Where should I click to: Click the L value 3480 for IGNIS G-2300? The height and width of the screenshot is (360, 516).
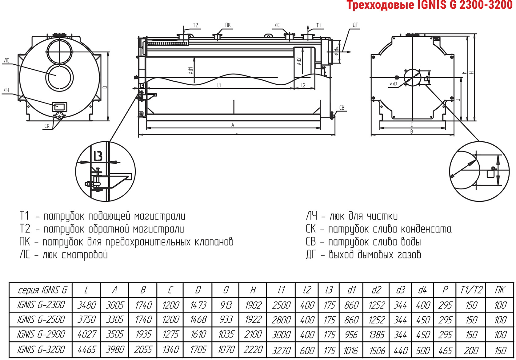pos(86,305)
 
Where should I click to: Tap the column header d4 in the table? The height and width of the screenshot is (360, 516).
pos(422,290)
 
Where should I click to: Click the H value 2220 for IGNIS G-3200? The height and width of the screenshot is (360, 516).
pos(253,350)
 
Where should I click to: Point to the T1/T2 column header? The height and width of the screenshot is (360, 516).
pos(471,290)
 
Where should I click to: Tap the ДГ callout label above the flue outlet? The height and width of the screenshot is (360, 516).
pos(355,25)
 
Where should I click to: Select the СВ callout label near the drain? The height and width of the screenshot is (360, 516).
pos(342,108)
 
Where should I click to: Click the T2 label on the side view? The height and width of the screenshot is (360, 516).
pos(195,25)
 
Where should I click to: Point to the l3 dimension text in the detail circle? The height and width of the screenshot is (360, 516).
pos(98,156)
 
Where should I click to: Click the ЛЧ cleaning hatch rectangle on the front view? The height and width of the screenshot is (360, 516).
pos(59,107)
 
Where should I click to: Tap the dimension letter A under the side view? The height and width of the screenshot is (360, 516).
pos(233,125)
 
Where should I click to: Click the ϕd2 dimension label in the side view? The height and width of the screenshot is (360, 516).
pos(299,61)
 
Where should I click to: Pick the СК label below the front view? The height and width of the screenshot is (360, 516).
pos(47,126)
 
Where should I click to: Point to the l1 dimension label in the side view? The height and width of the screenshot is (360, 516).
pos(219,85)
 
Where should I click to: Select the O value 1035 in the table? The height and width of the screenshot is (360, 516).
pos(226,334)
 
